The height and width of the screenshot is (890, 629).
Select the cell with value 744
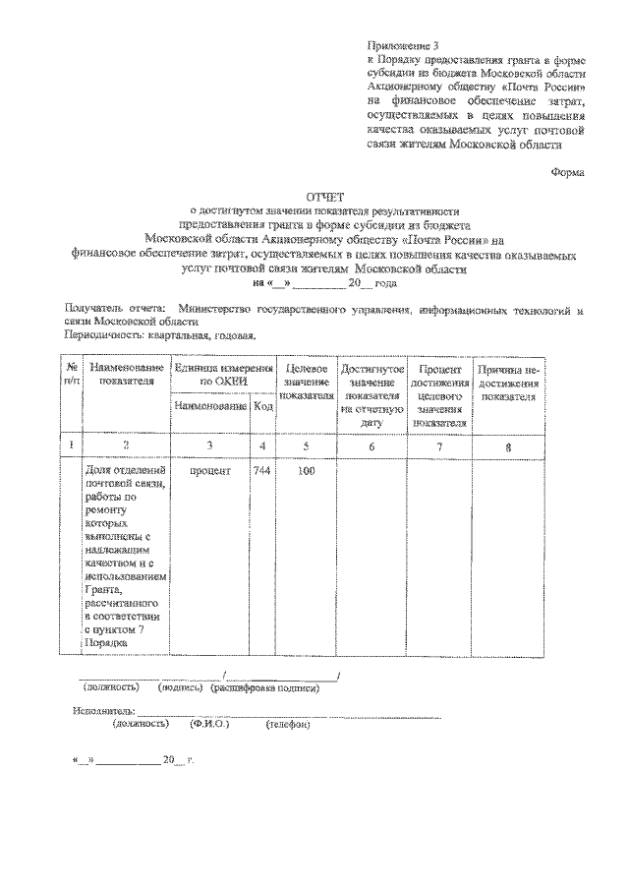(x=261, y=471)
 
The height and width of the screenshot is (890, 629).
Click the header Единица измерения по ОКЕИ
(x=221, y=373)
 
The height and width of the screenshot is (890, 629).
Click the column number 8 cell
(x=508, y=447)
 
